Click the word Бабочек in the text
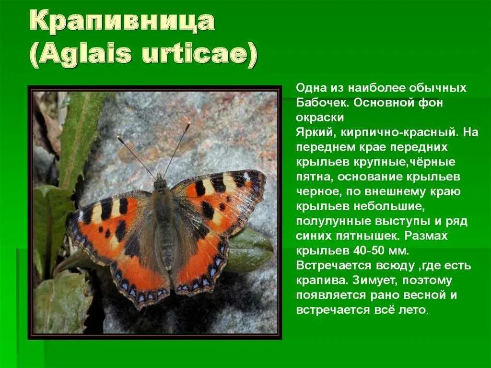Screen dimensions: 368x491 pos(318,103)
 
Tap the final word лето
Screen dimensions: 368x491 pos(412,310)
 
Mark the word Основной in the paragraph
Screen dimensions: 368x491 pos(377,103)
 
